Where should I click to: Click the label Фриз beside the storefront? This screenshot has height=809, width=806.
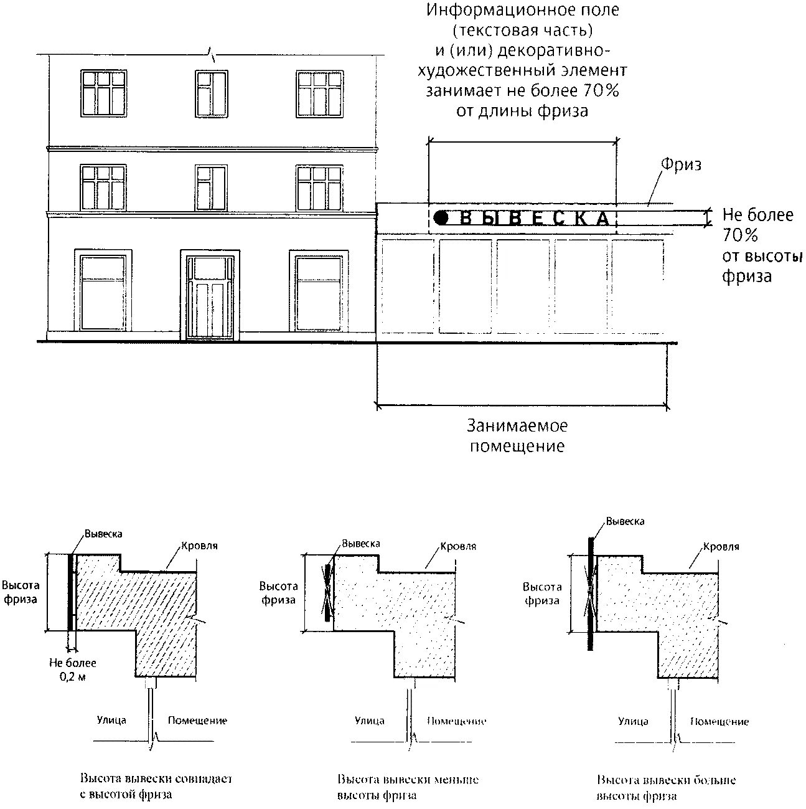[x=681, y=165]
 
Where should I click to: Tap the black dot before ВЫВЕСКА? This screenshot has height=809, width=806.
[x=441, y=217]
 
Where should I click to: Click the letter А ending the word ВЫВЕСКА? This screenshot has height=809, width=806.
[x=602, y=218]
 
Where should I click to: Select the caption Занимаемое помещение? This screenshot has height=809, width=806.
[x=517, y=436]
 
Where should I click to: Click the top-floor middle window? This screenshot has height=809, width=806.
[x=211, y=93]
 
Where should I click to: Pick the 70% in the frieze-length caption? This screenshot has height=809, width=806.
[x=601, y=91]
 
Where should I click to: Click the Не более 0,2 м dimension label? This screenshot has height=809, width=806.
[x=72, y=669]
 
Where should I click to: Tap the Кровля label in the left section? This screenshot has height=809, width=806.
[x=199, y=546]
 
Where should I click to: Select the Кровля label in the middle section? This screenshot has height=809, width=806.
[x=458, y=546]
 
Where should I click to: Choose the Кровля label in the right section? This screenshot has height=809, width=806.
[x=721, y=547]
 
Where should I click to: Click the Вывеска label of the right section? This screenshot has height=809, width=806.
[x=625, y=521]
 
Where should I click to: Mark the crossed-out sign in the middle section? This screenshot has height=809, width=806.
[x=327, y=592]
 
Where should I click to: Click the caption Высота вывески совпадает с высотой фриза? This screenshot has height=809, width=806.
[x=156, y=787]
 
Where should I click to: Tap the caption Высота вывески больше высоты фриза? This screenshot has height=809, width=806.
[x=666, y=788]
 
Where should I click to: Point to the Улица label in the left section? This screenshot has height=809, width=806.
[x=111, y=721]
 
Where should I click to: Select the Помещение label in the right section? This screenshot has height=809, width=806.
[x=719, y=722]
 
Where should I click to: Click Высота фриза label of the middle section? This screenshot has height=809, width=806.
[x=278, y=593]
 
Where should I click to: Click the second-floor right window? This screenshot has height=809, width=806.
[x=319, y=187]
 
